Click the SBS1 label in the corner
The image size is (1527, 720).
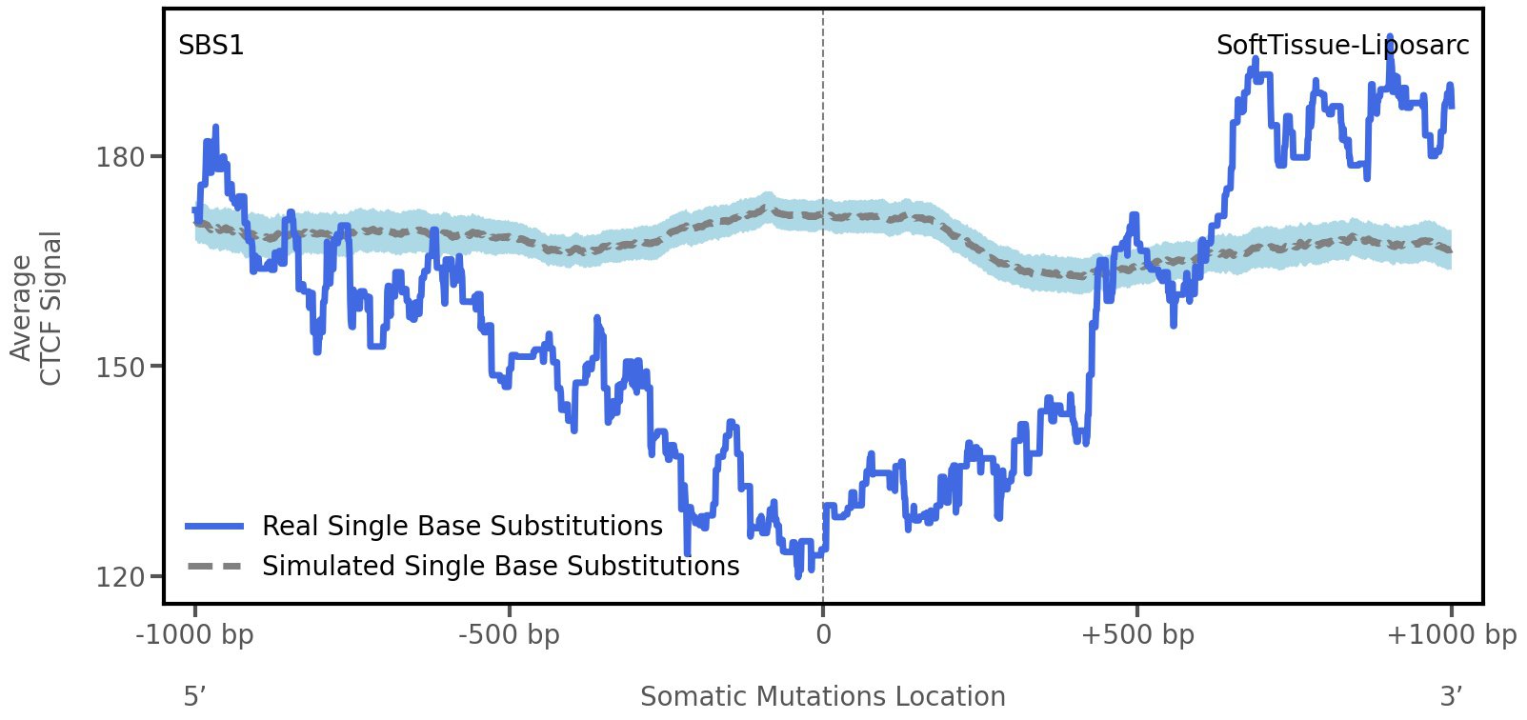click(x=211, y=46)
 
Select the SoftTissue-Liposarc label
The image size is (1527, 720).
click(x=1341, y=46)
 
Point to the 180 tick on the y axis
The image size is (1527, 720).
click(x=120, y=157)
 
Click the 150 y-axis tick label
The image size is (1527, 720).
click(x=120, y=367)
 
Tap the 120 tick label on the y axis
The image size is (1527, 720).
click(x=120, y=577)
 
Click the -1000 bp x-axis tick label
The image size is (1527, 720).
click(x=195, y=635)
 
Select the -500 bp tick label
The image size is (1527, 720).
click(x=509, y=635)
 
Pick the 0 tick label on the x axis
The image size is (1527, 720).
click(x=823, y=635)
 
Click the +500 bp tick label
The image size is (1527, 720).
click(x=1136, y=635)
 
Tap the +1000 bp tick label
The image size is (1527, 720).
click(x=1450, y=635)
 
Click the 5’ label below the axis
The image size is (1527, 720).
click(x=194, y=696)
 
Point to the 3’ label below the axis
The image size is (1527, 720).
click(x=1450, y=696)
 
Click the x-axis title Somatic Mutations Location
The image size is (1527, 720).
click(x=822, y=696)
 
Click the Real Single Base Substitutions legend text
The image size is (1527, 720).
click(x=462, y=526)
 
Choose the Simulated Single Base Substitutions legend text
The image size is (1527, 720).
click(x=500, y=566)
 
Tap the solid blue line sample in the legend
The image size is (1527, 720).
click(x=215, y=526)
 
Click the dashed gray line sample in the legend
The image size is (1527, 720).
click(x=215, y=566)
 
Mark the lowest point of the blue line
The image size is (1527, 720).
click(x=798, y=575)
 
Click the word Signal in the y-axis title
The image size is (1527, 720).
click(x=50, y=308)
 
